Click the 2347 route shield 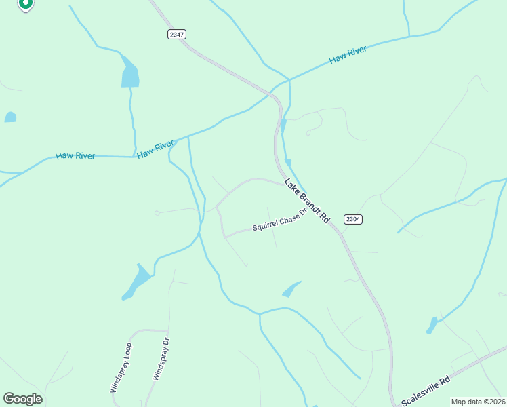point(177,34)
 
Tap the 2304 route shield point(353,218)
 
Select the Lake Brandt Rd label point(307,201)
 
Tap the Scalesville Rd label point(425,392)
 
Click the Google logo point(22,398)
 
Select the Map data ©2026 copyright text point(478,402)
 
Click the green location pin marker point(25,4)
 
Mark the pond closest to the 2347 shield point(129,73)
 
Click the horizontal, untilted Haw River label point(76,155)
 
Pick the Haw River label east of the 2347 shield point(348,55)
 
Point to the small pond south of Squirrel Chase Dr point(290,290)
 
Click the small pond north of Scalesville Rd point(432,325)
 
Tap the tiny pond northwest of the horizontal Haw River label point(10,117)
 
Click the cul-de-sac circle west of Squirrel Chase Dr point(157,213)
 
